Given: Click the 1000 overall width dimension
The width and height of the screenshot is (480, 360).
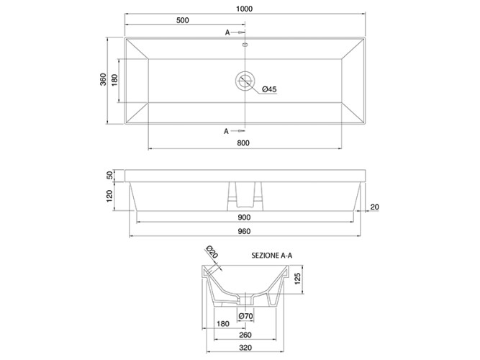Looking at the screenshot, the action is coord(244,9).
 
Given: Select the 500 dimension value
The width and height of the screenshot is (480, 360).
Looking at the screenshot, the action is coord(183,20).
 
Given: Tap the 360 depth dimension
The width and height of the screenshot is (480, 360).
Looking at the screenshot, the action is coord(104,79).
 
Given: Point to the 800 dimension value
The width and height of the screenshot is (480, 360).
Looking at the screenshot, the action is coord(243,143).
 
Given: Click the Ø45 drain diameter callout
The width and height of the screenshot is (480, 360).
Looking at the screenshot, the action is coord(269,89).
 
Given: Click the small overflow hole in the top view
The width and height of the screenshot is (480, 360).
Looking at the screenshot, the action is coord(245,45).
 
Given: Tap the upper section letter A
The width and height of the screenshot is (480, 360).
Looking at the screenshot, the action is coord(227,32).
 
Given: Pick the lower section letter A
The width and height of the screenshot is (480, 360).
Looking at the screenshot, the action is coord(226,131).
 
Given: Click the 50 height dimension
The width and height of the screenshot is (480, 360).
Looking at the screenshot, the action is coord(109,176).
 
